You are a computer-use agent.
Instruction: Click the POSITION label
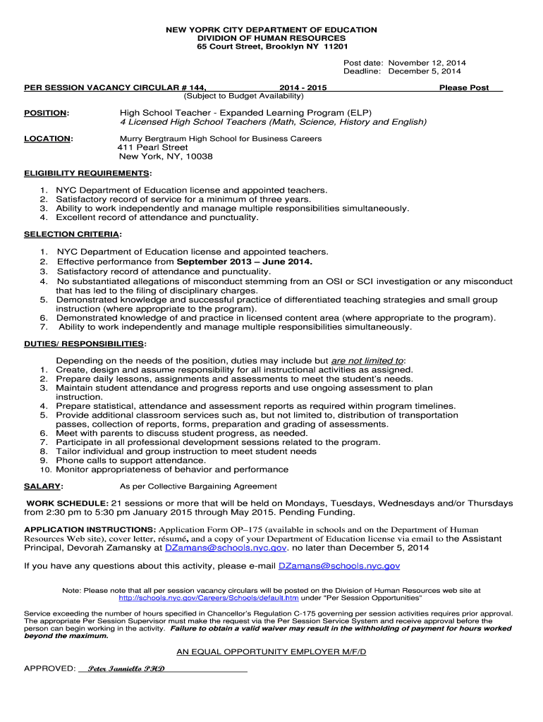pyautogui.click(x=46, y=113)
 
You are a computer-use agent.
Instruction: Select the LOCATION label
pyautogui.click(x=47, y=139)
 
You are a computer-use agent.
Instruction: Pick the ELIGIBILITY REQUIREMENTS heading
pyautogui.click(x=87, y=173)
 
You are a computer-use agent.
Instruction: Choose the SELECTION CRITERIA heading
pyautogui.click(x=71, y=234)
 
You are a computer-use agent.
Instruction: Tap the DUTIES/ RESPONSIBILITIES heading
pyautogui.click(x=85, y=343)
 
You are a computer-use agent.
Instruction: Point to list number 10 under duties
pyautogui.click(x=44, y=470)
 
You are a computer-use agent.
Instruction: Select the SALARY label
pyautogui.click(x=42, y=487)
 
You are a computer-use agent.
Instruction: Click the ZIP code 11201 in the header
pyautogui.click(x=335, y=47)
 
